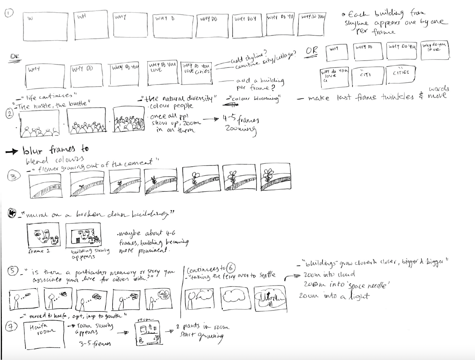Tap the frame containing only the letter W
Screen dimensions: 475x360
click(x=45, y=27)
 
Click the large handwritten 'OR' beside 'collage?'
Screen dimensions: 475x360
click(x=312, y=51)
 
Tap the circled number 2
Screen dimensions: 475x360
click(x=9, y=114)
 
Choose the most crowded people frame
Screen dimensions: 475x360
click(x=128, y=119)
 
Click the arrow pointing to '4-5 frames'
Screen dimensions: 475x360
click(x=211, y=119)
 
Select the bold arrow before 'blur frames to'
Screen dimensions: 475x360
click(x=12, y=152)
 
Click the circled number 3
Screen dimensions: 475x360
click(x=14, y=176)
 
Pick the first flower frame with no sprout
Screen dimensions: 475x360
click(x=45, y=186)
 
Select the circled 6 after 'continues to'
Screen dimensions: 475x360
click(x=231, y=268)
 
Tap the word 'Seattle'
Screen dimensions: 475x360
click(x=267, y=275)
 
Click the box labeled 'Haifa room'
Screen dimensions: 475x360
click(x=44, y=335)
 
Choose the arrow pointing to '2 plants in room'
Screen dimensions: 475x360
click(x=169, y=331)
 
